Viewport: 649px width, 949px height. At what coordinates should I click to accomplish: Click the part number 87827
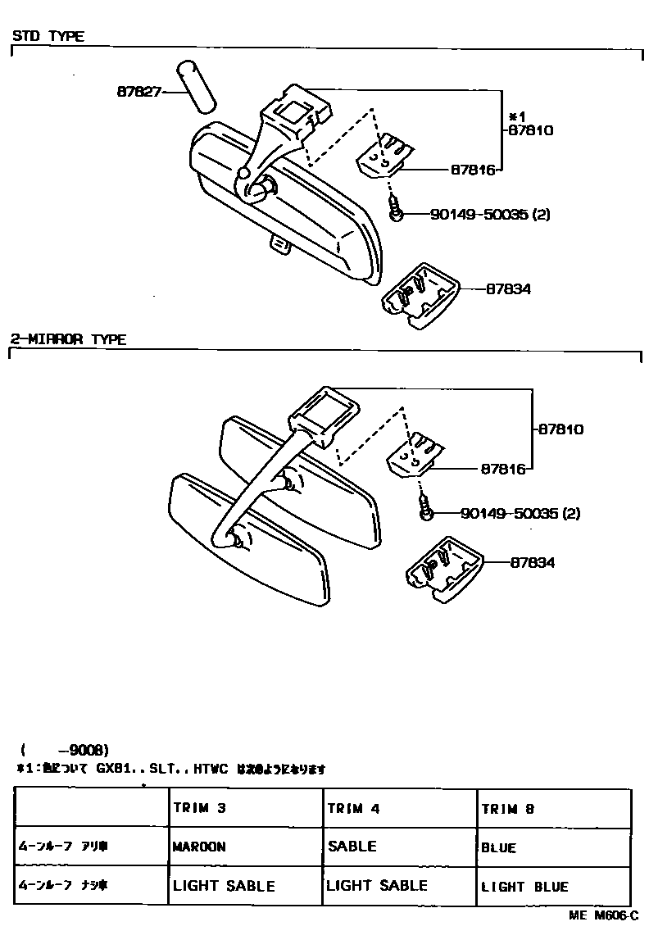tap(138, 93)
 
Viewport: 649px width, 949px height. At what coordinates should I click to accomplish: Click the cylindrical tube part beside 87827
tap(195, 85)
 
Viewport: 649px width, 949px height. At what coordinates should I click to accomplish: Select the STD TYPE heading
tap(48, 37)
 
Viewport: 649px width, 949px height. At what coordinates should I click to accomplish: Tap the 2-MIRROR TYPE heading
tap(68, 339)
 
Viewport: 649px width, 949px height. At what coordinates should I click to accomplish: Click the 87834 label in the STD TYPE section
tap(508, 288)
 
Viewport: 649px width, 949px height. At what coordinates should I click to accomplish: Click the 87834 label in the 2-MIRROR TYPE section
tap(533, 562)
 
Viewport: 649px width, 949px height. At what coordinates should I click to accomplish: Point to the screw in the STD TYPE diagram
tap(395, 209)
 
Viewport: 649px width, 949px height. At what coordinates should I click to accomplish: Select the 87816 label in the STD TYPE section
tap(473, 170)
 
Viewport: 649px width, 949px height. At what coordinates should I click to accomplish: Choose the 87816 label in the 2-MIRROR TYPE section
tap(502, 470)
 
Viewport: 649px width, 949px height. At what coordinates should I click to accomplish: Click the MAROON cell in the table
tap(199, 847)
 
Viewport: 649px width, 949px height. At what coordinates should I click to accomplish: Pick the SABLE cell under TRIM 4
tap(352, 846)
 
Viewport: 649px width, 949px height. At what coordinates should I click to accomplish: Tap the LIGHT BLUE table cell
tap(524, 886)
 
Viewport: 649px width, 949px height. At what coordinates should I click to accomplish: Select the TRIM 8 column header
tap(508, 808)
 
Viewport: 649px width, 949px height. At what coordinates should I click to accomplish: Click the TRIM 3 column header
tap(199, 808)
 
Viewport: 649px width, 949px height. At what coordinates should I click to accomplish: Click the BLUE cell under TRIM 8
tap(499, 847)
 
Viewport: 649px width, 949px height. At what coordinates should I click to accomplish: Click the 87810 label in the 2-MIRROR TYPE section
tap(561, 428)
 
